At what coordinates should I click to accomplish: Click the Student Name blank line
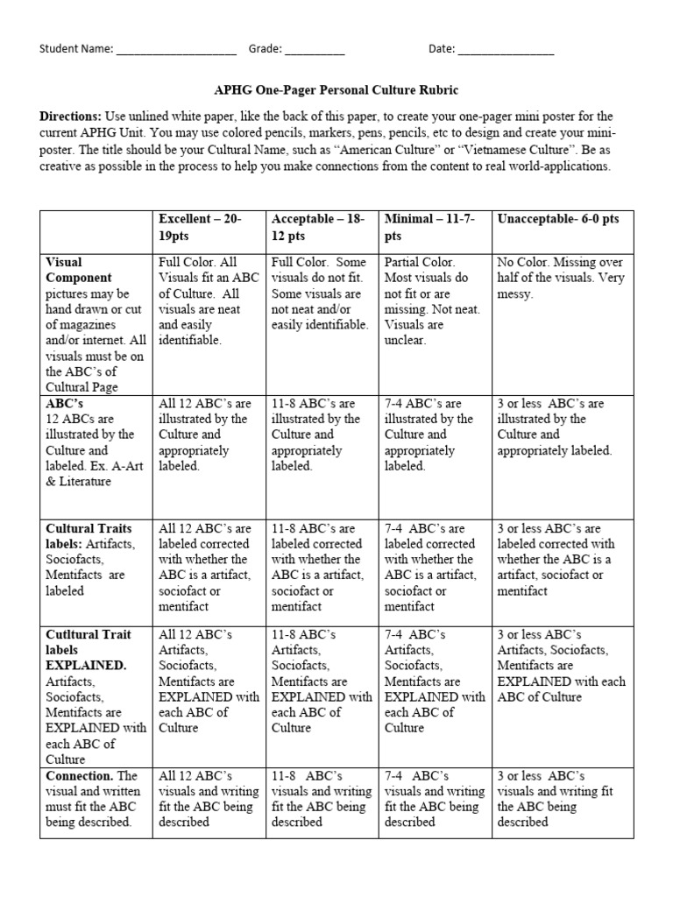(x=176, y=51)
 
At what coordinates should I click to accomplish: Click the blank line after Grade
(x=315, y=51)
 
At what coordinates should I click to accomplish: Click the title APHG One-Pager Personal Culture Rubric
(x=336, y=90)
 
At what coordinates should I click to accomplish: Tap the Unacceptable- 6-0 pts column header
(x=557, y=219)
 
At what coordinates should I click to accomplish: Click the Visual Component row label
(x=78, y=269)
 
